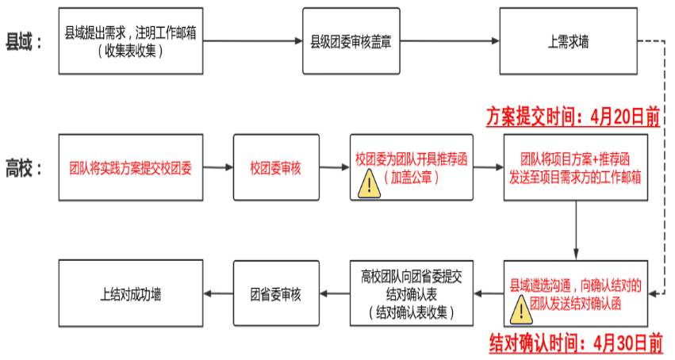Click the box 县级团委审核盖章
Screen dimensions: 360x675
tap(350, 40)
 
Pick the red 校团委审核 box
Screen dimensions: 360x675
tap(275, 169)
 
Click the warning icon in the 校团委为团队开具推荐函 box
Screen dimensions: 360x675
tap(369, 185)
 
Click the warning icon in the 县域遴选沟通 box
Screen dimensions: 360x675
tap(520, 310)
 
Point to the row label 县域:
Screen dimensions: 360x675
tap(24, 41)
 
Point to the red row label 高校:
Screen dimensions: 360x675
tap(24, 169)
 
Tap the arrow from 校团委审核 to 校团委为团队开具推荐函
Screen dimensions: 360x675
tap(334, 169)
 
